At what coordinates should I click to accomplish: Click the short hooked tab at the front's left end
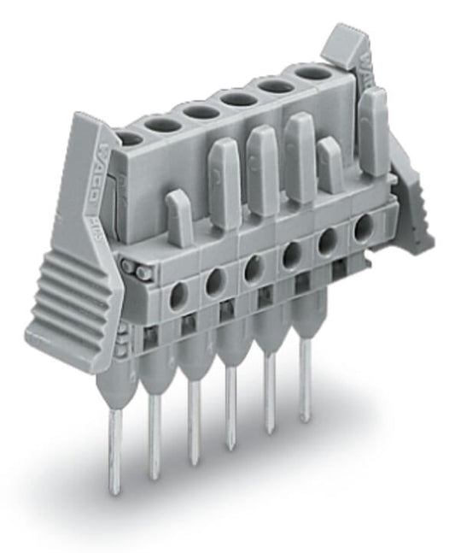(178, 215)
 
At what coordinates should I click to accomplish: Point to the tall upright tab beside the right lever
(373, 120)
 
